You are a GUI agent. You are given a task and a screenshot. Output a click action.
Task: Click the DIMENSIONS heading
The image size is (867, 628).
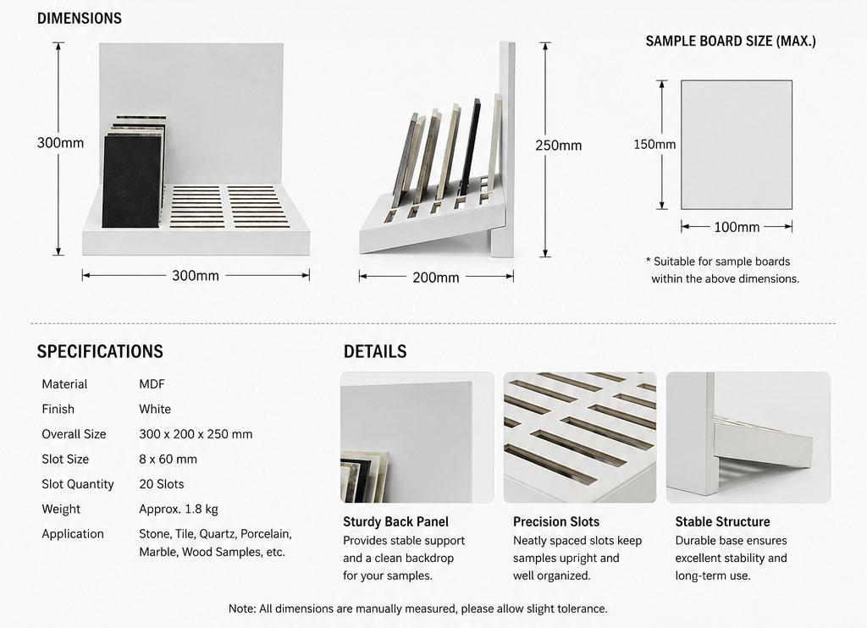click(x=79, y=19)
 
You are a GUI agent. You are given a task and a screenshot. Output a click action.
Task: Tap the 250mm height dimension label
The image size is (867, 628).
click(x=559, y=146)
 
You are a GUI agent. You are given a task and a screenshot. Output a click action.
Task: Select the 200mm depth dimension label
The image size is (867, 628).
click(x=436, y=278)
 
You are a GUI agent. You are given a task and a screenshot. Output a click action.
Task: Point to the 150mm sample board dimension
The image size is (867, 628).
click(x=654, y=144)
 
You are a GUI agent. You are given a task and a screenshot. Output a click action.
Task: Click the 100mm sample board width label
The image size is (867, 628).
click(x=737, y=227)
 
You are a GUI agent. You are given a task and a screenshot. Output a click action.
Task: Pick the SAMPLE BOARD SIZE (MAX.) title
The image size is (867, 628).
click(x=731, y=41)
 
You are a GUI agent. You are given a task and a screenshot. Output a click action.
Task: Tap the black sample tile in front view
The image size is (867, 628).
click(x=131, y=181)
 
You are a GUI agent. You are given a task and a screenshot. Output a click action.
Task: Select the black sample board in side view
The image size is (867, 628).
click(x=471, y=145)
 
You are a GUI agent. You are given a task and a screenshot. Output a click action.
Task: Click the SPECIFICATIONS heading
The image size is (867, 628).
click(x=100, y=351)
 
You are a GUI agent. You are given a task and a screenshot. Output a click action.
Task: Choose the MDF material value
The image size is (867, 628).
click(x=152, y=384)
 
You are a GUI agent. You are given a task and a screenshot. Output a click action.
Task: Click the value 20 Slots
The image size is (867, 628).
click(x=162, y=484)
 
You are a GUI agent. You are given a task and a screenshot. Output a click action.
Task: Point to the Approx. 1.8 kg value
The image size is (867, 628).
click(x=179, y=510)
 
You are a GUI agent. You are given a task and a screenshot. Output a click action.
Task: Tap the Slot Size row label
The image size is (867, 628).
click(x=65, y=460)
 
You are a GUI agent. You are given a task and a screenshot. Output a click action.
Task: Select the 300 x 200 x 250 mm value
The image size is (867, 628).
click(x=196, y=434)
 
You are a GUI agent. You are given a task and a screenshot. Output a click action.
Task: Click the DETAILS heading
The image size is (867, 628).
click(x=375, y=351)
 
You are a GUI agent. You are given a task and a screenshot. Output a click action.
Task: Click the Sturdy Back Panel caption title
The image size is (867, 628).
click(x=395, y=522)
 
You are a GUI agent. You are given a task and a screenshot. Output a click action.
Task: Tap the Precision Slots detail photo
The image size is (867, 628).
click(x=580, y=438)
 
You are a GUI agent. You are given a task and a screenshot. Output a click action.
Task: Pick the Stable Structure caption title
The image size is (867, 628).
click(x=722, y=522)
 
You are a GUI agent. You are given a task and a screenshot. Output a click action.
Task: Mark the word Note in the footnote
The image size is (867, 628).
click(x=241, y=609)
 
